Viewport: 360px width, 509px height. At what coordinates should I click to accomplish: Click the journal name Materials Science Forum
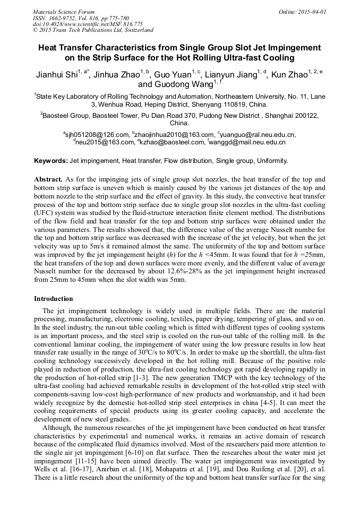(x=64, y=11)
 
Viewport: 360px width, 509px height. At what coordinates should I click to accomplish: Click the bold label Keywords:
(x=51, y=160)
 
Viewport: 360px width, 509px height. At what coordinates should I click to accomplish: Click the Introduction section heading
(x=53, y=299)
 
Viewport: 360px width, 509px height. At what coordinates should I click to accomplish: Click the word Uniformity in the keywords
(x=273, y=160)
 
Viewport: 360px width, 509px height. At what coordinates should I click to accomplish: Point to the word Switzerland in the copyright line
(x=138, y=30)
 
